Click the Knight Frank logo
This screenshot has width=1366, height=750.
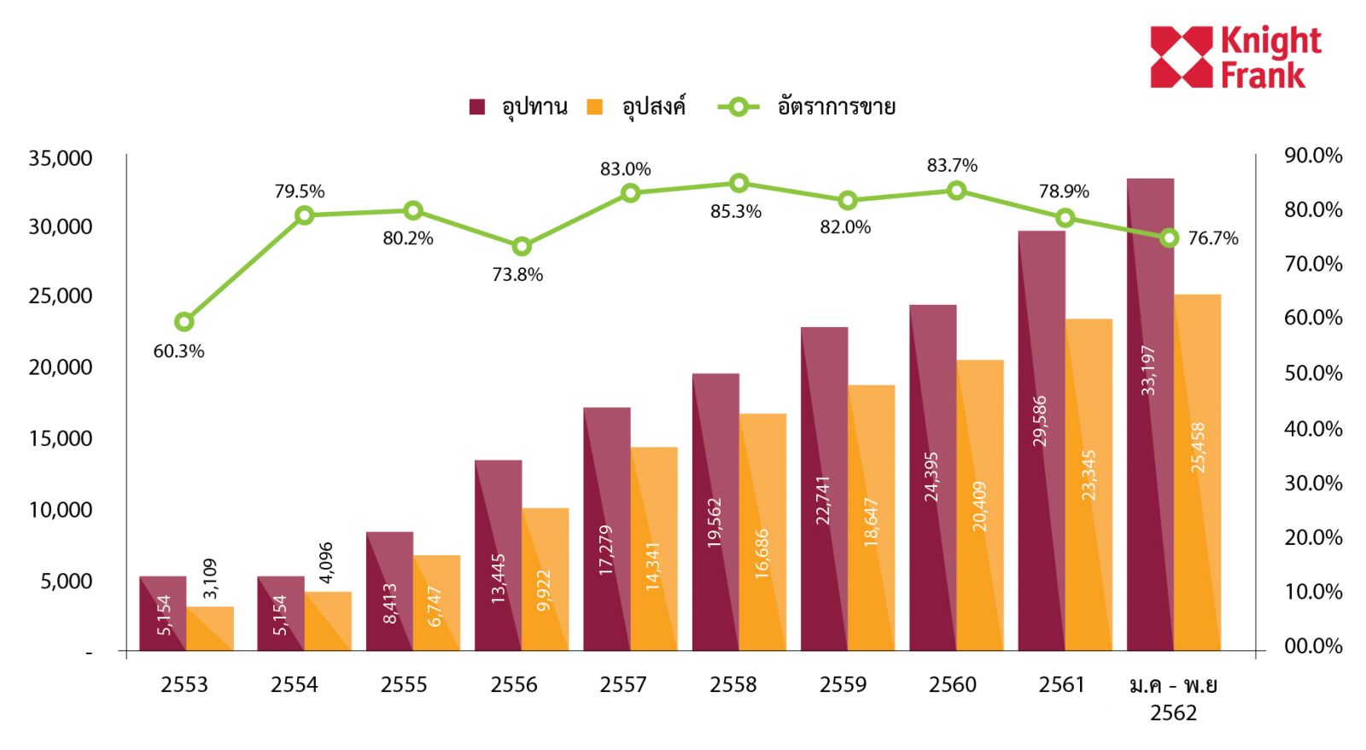tap(1235, 56)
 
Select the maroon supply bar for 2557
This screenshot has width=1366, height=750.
tap(606, 530)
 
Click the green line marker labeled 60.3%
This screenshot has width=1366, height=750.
tap(184, 322)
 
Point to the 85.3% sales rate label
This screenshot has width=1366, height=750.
tap(735, 212)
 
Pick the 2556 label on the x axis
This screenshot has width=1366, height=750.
tap(513, 685)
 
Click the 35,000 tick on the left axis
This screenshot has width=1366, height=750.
tap(60, 158)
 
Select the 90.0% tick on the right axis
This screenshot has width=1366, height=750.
tap(1313, 155)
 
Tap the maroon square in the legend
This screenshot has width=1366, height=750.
tap(477, 107)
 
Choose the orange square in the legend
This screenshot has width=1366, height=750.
tap(595, 107)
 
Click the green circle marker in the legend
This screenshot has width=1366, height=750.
tap(738, 107)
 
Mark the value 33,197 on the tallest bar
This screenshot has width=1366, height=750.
tap(1149, 370)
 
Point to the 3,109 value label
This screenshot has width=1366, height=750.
tap(210, 578)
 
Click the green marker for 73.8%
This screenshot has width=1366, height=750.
tap(522, 247)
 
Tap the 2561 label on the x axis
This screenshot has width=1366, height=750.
tap(1061, 685)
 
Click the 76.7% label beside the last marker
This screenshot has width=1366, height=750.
tap(1212, 238)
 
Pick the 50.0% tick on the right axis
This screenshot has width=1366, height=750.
tap(1313, 373)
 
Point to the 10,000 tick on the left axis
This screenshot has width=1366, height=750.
tap(60, 510)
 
